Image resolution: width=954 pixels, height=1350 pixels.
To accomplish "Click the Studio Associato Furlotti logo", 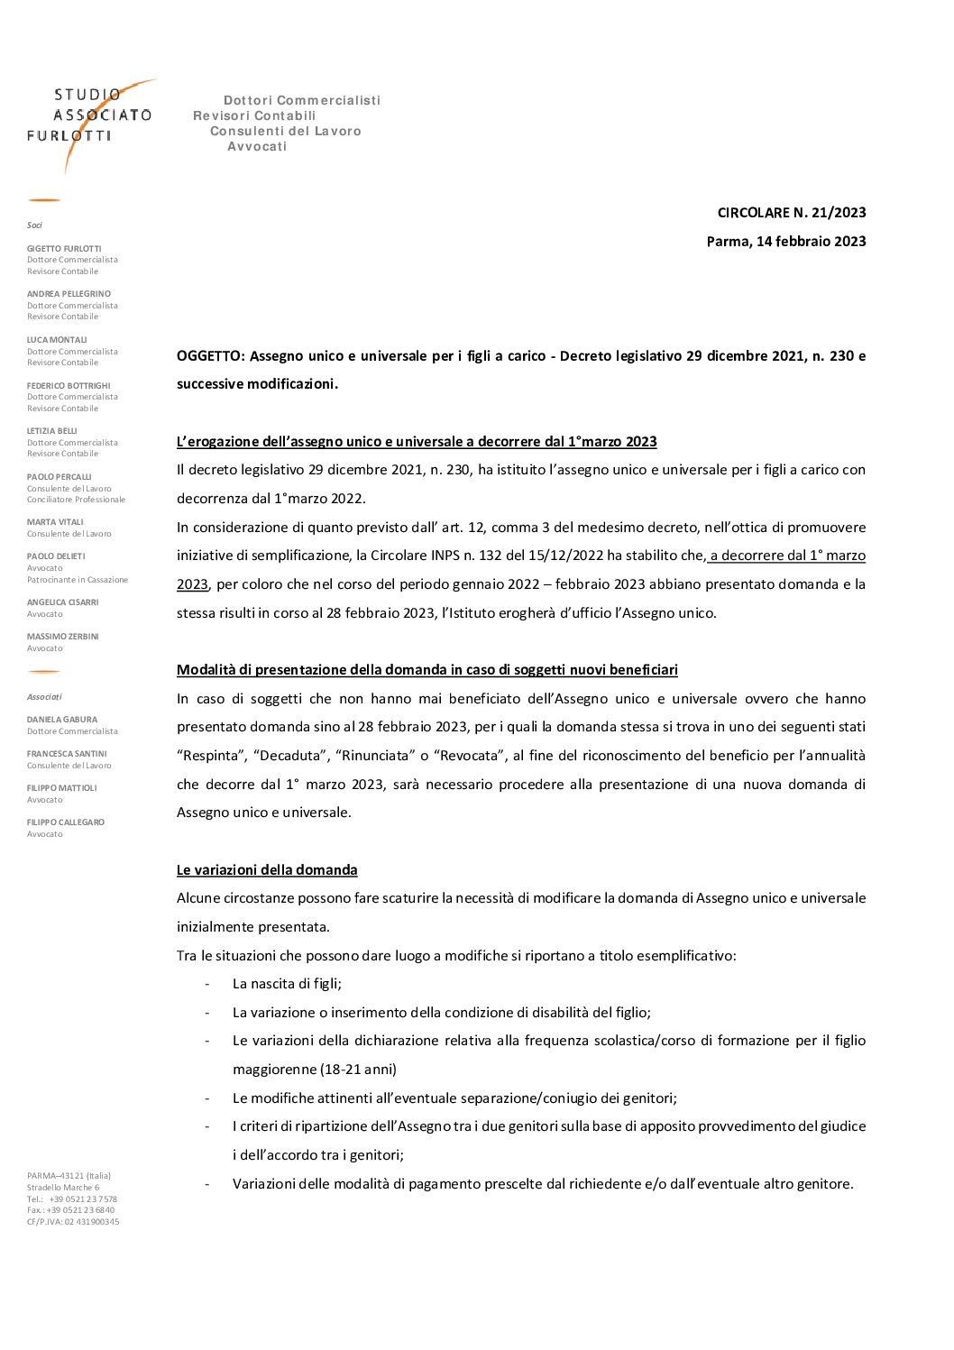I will (x=90, y=117).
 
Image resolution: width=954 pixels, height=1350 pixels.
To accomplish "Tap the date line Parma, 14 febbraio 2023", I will (x=785, y=242).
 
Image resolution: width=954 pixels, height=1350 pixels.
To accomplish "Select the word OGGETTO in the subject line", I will (x=210, y=356).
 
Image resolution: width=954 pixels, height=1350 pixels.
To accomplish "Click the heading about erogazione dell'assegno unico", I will (x=417, y=442).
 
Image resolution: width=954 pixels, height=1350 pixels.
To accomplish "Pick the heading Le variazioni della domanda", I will (x=267, y=870).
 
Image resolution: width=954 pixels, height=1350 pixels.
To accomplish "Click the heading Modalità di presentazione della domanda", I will (x=427, y=670).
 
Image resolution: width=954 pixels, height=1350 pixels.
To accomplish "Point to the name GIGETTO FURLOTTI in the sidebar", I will (x=64, y=249).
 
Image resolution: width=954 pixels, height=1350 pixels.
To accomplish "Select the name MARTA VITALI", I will (x=55, y=522).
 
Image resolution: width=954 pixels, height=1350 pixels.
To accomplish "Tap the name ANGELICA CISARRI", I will (x=63, y=602).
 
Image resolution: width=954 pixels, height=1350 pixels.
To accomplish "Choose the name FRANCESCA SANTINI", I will (x=67, y=754).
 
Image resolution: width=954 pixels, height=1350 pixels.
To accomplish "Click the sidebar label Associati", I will (x=44, y=697).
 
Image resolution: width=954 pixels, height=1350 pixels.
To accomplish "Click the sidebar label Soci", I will (x=34, y=225).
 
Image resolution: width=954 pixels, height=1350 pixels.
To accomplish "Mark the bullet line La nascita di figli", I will (x=287, y=984).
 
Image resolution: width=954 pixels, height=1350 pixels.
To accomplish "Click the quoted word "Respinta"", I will (x=211, y=756).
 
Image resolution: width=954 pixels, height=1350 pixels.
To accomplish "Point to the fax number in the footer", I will (x=71, y=1210).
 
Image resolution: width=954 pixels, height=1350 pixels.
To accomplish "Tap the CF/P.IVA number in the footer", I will (x=73, y=1222).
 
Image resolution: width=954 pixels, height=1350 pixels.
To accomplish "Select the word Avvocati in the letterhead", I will (x=257, y=147).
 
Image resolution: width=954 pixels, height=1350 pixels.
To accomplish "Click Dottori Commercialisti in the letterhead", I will (x=302, y=101).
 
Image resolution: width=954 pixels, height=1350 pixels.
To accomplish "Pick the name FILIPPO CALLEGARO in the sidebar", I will (x=66, y=822).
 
